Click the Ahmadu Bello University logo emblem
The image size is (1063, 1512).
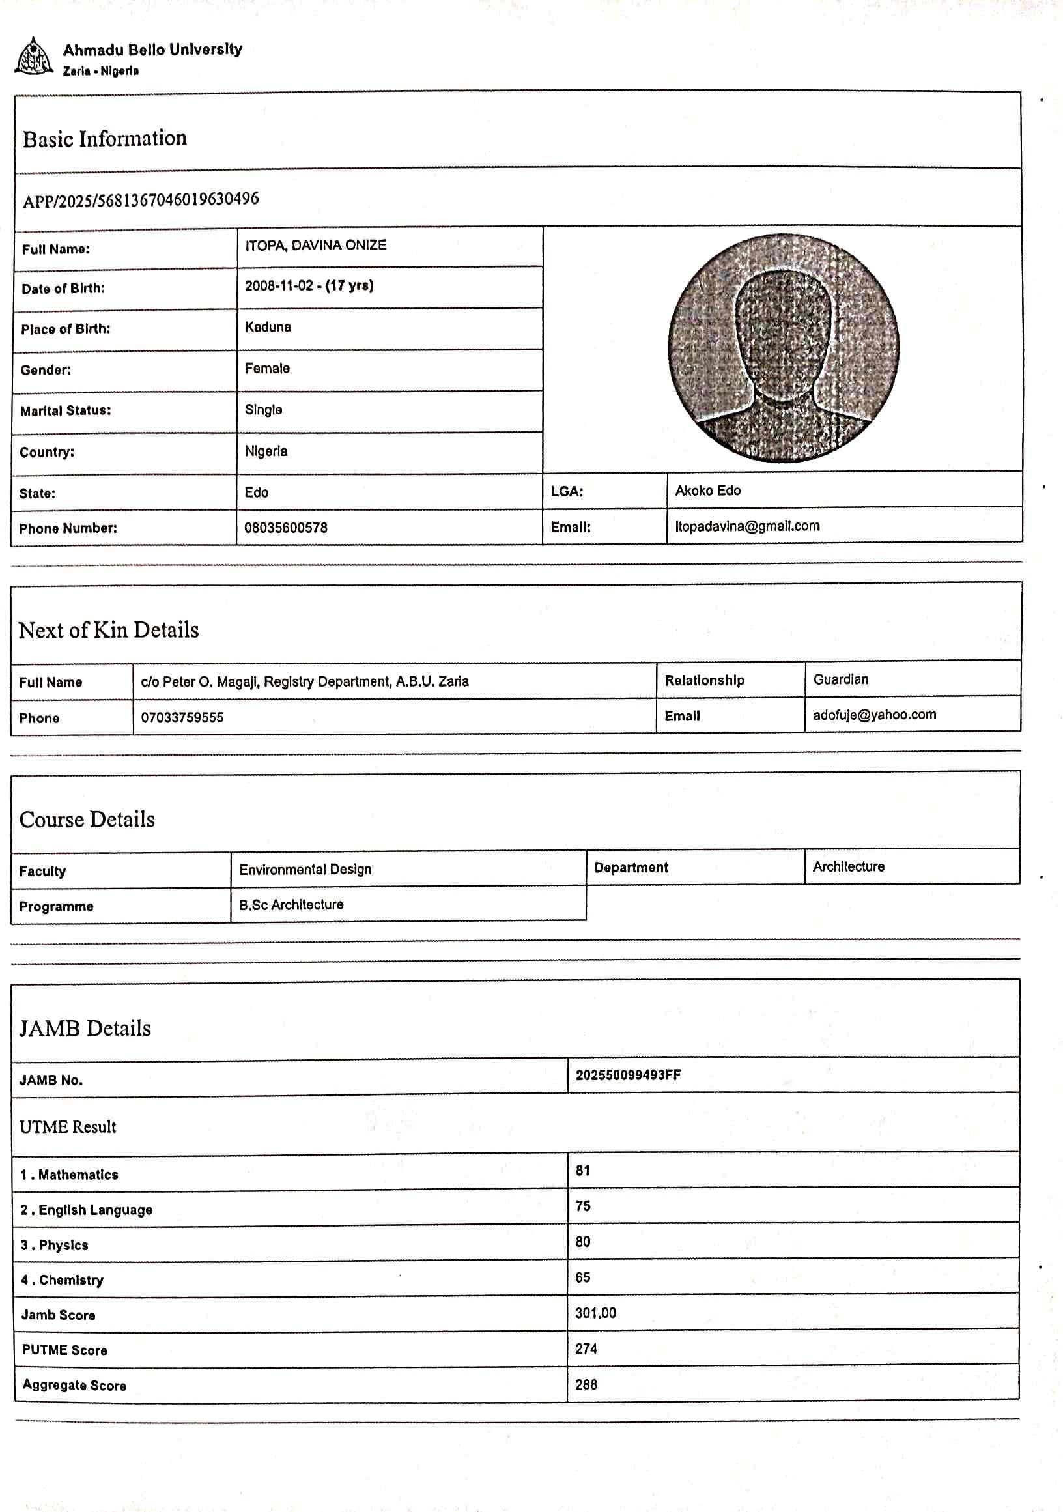tap(33, 57)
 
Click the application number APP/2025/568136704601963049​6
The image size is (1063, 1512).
tap(141, 199)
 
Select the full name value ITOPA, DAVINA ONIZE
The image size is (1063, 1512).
tap(315, 246)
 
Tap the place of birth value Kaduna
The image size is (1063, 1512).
tap(268, 327)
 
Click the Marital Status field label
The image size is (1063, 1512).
tap(65, 411)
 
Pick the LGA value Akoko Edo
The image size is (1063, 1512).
tap(707, 491)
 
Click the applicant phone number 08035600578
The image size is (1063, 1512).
tap(285, 528)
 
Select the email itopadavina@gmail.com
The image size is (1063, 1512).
tap(747, 526)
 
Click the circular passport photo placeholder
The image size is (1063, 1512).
tap(782, 348)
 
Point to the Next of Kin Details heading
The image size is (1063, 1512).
tap(109, 630)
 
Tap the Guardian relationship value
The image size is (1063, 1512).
tap(840, 679)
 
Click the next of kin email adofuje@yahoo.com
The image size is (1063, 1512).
tap(874, 715)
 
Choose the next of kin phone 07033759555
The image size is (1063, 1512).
tap(182, 718)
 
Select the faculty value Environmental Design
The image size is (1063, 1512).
tap(305, 870)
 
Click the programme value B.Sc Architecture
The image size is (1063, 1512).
tap(291, 905)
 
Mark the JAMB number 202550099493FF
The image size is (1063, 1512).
tap(628, 1076)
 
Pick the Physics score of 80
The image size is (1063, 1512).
tap(582, 1242)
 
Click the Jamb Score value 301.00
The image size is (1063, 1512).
tap(595, 1313)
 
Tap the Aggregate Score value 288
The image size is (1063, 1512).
tap(586, 1384)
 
